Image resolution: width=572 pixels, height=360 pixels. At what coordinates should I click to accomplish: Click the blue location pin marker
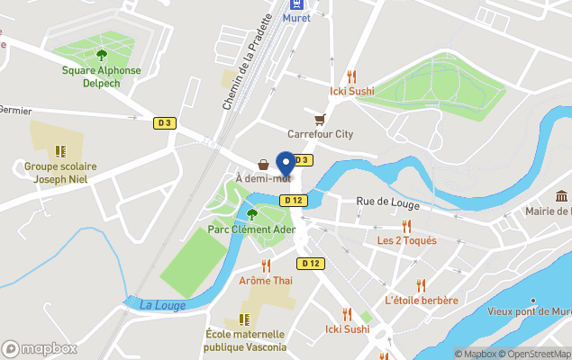coord(286,164)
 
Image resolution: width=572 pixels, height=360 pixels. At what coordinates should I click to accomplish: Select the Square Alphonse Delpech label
coord(101,76)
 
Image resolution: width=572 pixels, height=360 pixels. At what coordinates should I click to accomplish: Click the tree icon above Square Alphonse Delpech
coord(101,55)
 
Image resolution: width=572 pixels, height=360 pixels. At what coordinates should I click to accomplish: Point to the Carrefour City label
coord(320,134)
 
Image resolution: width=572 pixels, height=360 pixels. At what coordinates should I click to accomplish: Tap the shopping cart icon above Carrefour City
coord(319,119)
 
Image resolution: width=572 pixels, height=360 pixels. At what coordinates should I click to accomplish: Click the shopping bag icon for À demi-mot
coord(263,165)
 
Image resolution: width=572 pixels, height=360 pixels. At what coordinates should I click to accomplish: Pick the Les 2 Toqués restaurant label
coord(406,240)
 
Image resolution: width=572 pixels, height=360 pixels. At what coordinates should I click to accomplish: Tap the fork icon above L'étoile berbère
coord(421,285)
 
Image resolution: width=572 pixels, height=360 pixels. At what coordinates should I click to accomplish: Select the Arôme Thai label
coord(266,281)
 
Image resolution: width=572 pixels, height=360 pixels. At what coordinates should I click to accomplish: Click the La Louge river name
coord(162,305)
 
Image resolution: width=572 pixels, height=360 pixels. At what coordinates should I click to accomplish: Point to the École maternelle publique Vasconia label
coord(245,340)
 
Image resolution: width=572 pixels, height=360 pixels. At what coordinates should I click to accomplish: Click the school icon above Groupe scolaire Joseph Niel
coord(60,151)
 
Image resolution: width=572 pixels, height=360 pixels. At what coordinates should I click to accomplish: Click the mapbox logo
coord(40,349)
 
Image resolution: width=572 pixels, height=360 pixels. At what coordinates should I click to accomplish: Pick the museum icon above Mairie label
coord(561,196)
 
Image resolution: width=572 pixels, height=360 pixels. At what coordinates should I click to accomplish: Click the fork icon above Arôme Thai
coord(266,266)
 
